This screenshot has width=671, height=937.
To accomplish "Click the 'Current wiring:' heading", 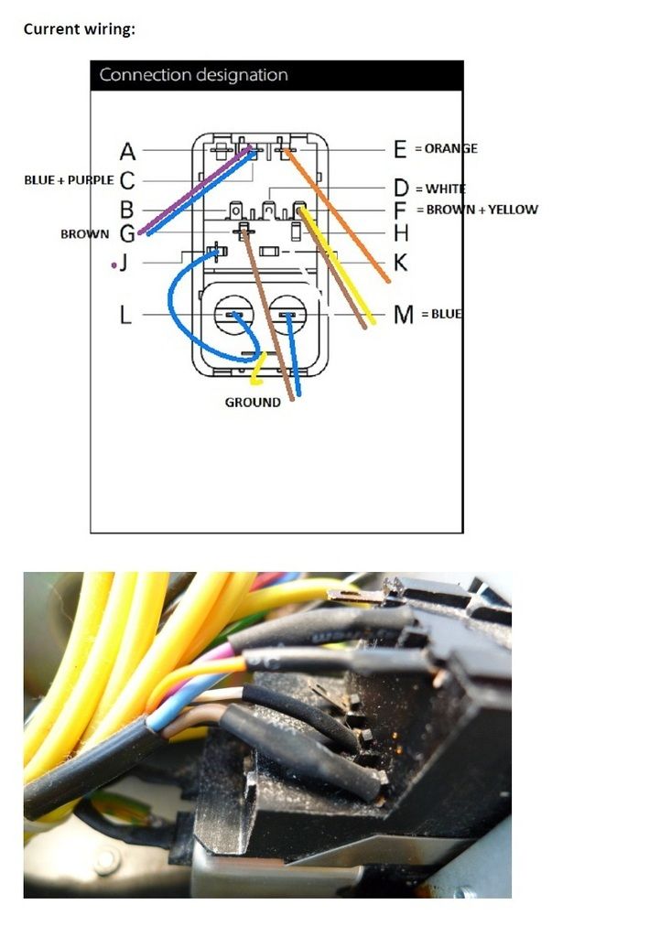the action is pyautogui.click(x=80, y=29).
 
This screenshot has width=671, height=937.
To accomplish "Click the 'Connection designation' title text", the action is pyautogui.click(x=194, y=75).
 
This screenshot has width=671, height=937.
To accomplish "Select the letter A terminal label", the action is pyautogui.click(x=127, y=152).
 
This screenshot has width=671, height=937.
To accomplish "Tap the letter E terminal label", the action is pyautogui.click(x=400, y=149).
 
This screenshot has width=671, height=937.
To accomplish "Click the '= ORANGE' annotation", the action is pyautogui.click(x=446, y=148).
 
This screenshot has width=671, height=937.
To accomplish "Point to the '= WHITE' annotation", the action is pyautogui.click(x=440, y=188).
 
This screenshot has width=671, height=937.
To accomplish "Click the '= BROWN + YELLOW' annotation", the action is pyautogui.click(x=477, y=210).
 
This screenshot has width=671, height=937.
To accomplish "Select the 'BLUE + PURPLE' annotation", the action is pyautogui.click(x=69, y=180).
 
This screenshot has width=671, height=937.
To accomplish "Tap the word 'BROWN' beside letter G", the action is pyautogui.click(x=85, y=234).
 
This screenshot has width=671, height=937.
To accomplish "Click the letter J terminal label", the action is pyautogui.click(x=124, y=263).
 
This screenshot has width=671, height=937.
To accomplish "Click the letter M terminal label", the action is pyautogui.click(x=404, y=315).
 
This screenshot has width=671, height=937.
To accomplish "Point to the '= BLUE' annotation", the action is pyautogui.click(x=441, y=314).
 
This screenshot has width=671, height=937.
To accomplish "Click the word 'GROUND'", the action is pyautogui.click(x=253, y=403).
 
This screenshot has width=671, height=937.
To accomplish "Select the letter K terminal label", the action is pyautogui.click(x=401, y=263).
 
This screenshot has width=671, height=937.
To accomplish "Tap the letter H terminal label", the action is pyautogui.click(x=401, y=232).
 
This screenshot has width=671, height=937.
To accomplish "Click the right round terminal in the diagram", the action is pyautogui.click(x=287, y=315).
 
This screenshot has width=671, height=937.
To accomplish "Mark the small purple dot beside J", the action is pyautogui.click(x=114, y=264).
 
